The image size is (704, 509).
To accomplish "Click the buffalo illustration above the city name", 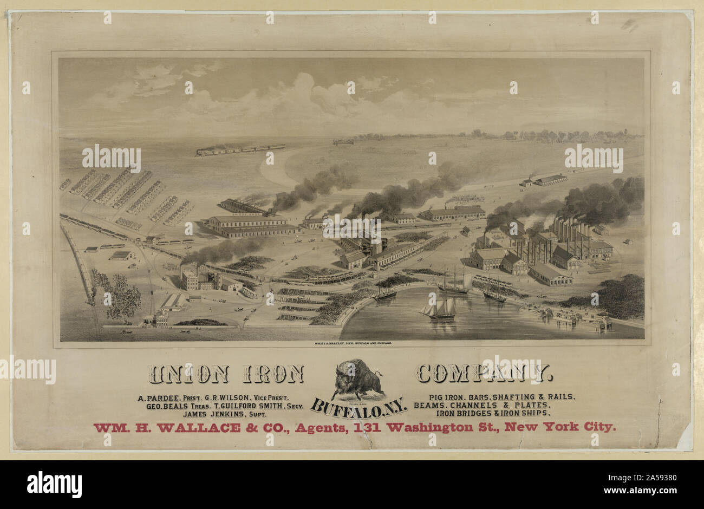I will pyautogui.click(x=356, y=379).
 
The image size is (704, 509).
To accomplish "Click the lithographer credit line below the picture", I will pyautogui.click(x=353, y=344).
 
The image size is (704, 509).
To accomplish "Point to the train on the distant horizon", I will pyautogui.click(x=240, y=149).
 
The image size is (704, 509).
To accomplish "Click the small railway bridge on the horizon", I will pyautogui.click(x=343, y=142).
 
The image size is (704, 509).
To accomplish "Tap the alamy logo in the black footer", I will pyautogui.click(x=54, y=484).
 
